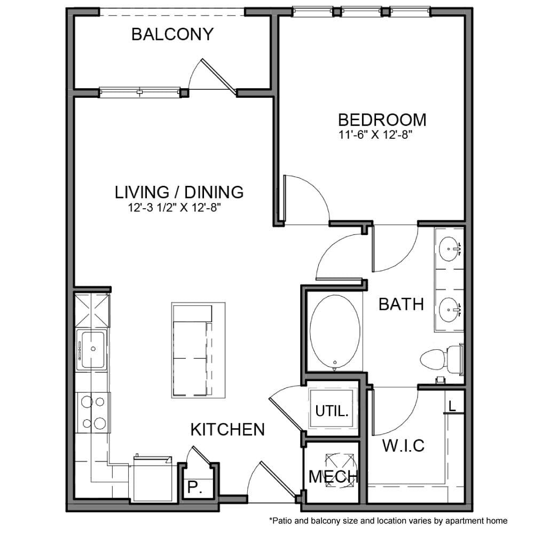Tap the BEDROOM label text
click(382, 119)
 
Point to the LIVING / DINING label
click(179, 192)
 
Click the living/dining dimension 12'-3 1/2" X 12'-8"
click(175, 208)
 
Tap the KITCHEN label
click(227, 429)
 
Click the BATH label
click(401, 304)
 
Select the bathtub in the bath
click(335, 332)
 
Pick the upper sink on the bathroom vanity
click(449, 248)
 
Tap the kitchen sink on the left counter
click(92, 350)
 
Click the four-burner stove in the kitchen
click(92, 412)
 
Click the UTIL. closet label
click(332, 411)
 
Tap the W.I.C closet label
click(403, 445)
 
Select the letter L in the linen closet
click(452, 406)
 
